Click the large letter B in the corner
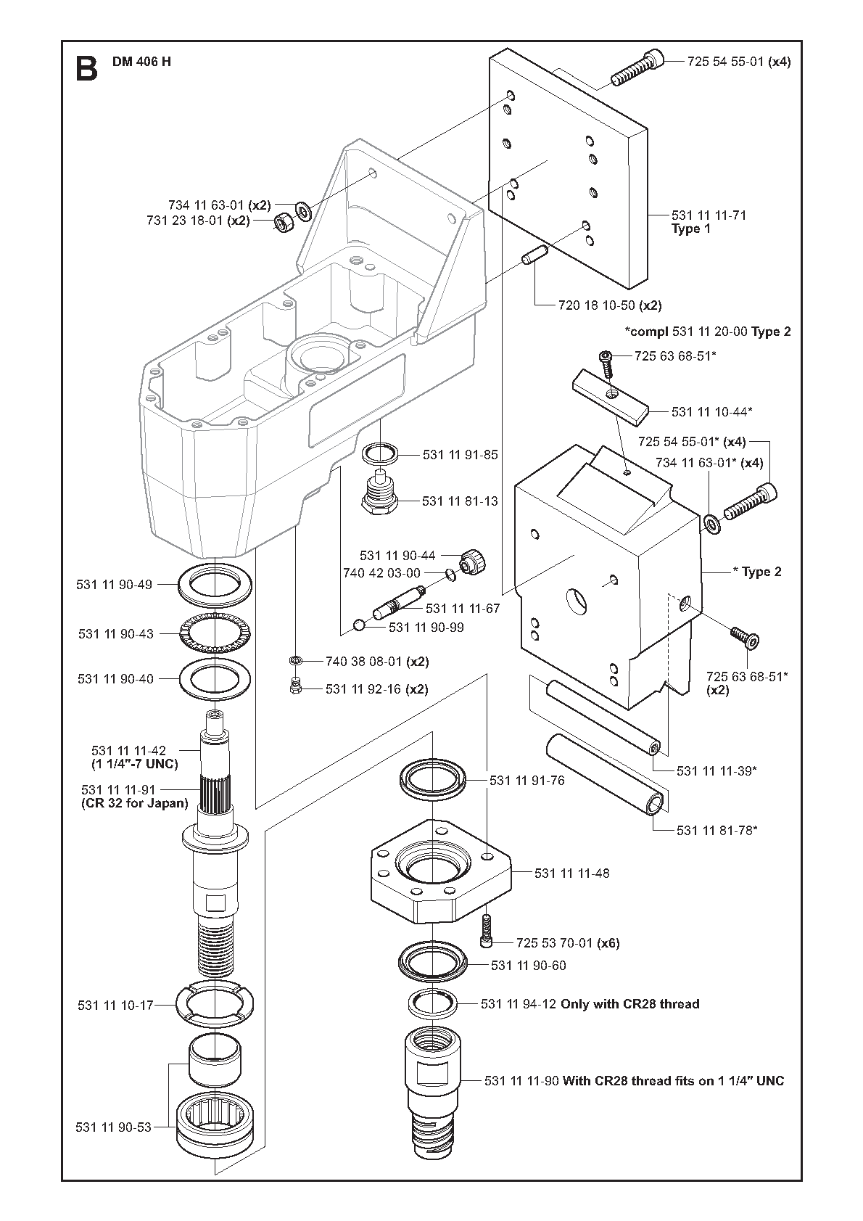[x=86, y=70]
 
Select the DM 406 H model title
[x=141, y=62]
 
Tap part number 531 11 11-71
[x=709, y=215]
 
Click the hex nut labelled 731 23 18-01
[x=281, y=223]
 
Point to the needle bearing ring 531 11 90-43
[x=215, y=633]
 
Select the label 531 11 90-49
[x=114, y=584]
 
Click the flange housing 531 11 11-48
[x=441, y=872]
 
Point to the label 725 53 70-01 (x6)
[x=568, y=942]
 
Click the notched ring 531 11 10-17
[x=215, y=1003]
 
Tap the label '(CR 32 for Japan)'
[x=135, y=803]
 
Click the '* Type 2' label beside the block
[x=757, y=572]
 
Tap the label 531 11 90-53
[x=113, y=1127]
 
